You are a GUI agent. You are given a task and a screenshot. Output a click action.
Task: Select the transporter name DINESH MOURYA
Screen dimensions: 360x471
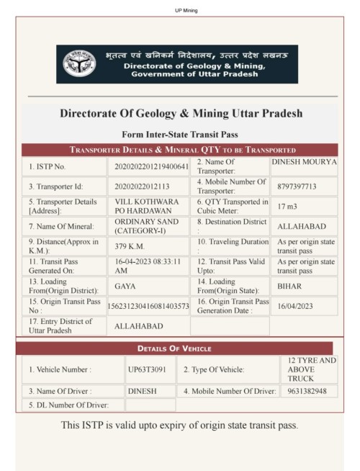303,162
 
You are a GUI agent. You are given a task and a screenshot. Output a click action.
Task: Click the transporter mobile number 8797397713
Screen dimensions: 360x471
297,187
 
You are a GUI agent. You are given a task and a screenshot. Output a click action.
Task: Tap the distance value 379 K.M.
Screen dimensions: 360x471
131,246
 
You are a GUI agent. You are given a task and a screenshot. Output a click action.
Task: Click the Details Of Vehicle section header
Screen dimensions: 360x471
179,349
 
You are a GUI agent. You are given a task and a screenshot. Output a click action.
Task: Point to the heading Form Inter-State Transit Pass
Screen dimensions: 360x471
180,134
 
